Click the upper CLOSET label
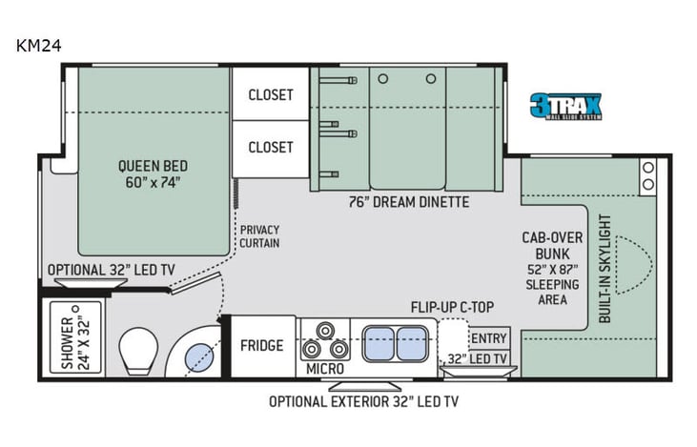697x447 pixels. [271, 95]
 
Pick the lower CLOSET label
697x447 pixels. [271, 148]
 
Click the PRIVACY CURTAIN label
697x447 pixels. [258, 236]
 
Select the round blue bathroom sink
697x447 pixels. [197, 356]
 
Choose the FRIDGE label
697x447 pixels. [261, 345]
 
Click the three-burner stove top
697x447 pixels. [324, 339]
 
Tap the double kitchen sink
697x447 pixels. [396, 341]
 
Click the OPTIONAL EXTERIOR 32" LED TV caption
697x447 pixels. [363, 401]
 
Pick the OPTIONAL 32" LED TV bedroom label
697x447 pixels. [110, 270]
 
